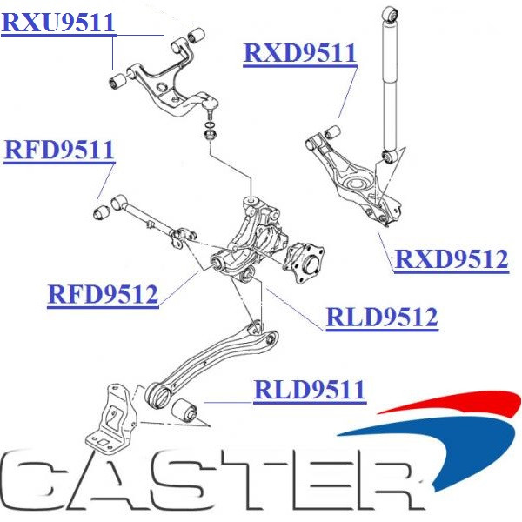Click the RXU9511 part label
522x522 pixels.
[58, 23]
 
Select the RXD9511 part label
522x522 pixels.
[300, 53]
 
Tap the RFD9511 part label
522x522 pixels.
[59, 151]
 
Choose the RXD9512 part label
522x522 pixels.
[452, 259]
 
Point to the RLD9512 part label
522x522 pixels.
[381, 318]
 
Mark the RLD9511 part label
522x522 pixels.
[309, 391]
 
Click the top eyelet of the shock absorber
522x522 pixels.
[392, 14]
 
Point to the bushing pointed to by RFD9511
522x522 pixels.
[100, 210]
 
